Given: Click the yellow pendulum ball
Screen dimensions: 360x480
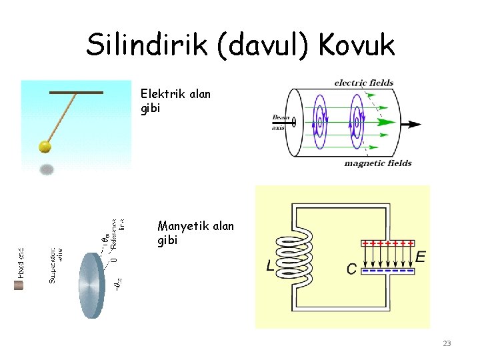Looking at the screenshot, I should click(45, 146).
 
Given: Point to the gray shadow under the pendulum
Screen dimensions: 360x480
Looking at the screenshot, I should click(47, 169).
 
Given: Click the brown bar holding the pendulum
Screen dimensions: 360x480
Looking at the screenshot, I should click(76, 92).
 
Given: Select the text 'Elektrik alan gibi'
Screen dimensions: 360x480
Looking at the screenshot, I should click(175, 101).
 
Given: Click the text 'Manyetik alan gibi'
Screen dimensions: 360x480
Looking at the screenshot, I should click(195, 233).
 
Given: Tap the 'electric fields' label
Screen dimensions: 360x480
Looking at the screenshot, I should click(363, 83).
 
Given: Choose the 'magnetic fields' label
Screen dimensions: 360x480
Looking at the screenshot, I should click(377, 163).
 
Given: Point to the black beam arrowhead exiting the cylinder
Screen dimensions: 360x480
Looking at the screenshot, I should click(413, 124).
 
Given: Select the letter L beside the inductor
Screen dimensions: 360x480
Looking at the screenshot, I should click(270, 267).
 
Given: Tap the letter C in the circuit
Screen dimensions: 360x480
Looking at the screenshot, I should click(351, 269).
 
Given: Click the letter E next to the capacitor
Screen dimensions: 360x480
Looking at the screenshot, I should click(421, 256).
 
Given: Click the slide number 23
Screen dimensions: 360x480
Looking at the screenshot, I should click(447, 343).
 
